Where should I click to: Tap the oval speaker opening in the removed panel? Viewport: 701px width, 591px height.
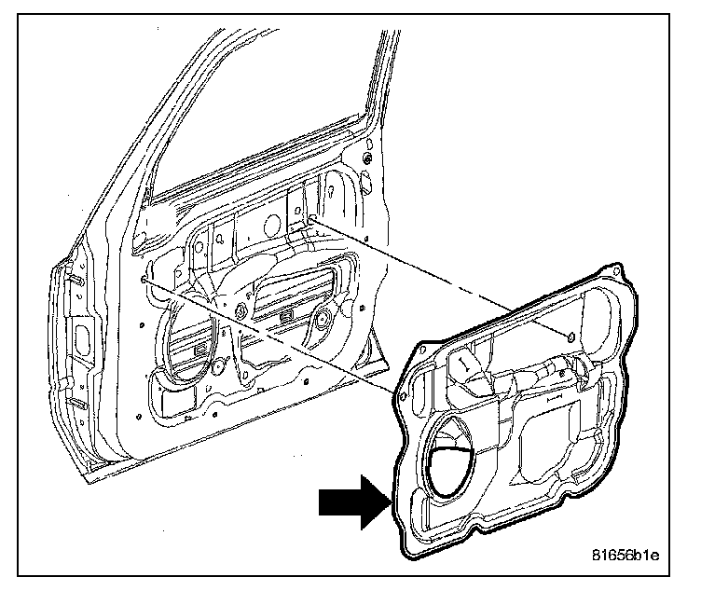(455, 457)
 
